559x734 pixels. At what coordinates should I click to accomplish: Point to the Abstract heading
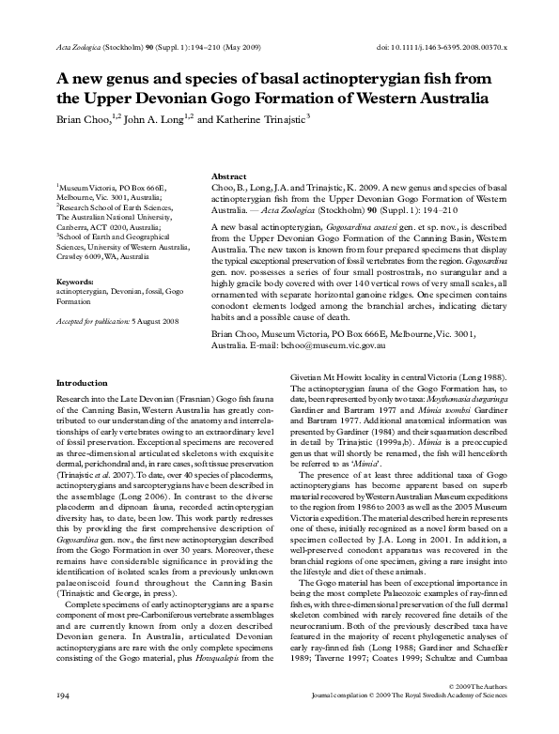(230, 176)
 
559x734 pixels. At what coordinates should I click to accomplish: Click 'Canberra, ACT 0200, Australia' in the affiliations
(106, 226)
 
